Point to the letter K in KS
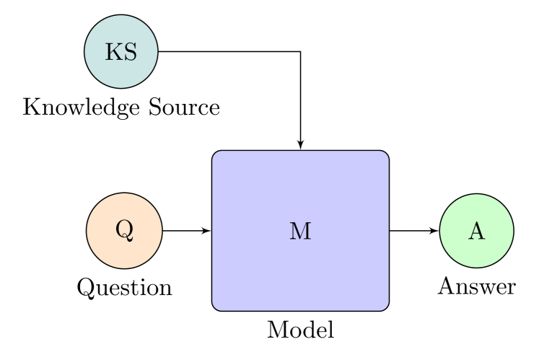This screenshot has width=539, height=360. (x=113, y=52)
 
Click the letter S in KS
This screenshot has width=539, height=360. (x=130, y=52)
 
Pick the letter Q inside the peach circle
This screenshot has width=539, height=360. (x=124, y=229)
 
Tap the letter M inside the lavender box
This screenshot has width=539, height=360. (x=300, y=231)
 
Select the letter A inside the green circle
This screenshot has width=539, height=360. (x=476, y=231)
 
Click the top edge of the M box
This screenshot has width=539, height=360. (x=300, y=152)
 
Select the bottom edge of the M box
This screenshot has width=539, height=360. (x=300, y=310)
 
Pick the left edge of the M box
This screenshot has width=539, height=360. (x=213, y=231)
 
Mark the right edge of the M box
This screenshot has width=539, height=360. (x=388, y=231)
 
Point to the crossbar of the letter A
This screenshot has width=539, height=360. (x=476, y=234)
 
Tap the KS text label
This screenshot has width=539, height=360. (x=121, y=52)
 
